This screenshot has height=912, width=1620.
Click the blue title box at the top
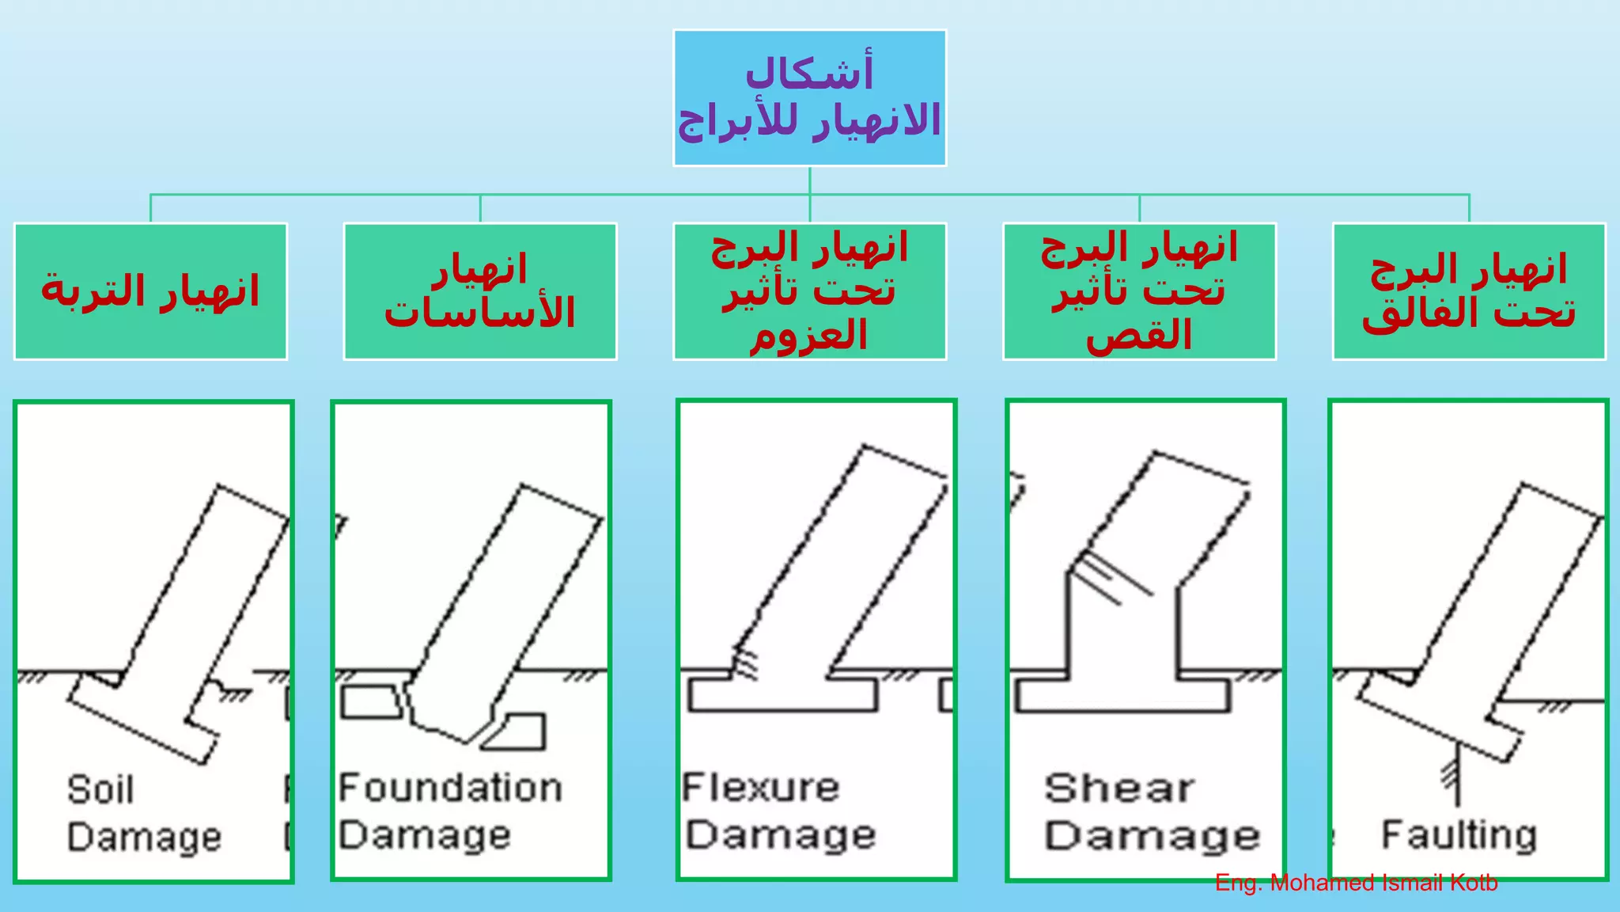click(x=809, y=98)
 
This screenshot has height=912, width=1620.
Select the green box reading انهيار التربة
click(x=150, y=291)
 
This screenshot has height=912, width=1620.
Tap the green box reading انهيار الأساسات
click(x=480, y=291)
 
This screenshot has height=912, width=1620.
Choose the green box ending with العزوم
click(x=809, y=291)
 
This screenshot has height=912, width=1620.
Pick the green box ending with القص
click(x=1139, y=291)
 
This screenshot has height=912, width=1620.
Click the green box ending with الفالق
click(x=1469, y=291)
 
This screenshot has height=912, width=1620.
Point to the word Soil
click(x=100, y=790)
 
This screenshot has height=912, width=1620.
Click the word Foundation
click(x=450, y=788)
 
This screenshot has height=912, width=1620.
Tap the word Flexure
click(x=760, y=788)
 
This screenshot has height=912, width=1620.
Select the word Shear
click(x=1118, y=788)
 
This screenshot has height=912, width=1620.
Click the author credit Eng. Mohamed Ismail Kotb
click(x=1356, y=883)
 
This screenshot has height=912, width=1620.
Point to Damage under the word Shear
click(x=1152, y=836)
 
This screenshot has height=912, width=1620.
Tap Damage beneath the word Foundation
click(x=425, y=835)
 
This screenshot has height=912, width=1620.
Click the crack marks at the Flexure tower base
click(x=744, y=663)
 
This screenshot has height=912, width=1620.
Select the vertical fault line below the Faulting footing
click(x=1457, y=776)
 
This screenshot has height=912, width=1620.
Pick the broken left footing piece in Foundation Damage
click(x=371, y=701)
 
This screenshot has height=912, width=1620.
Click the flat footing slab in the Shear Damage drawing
click(x=1122, y=696)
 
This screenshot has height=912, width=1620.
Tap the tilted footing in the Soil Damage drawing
click(x=142, y=717)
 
